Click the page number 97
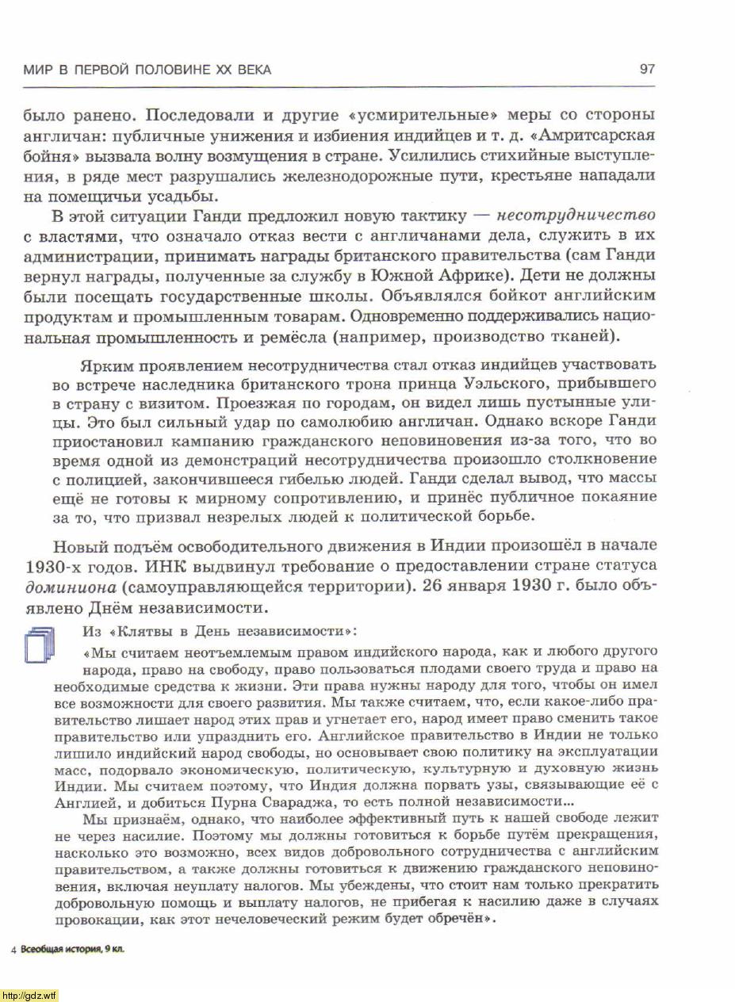[646, 70]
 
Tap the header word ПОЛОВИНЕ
[170, 70]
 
